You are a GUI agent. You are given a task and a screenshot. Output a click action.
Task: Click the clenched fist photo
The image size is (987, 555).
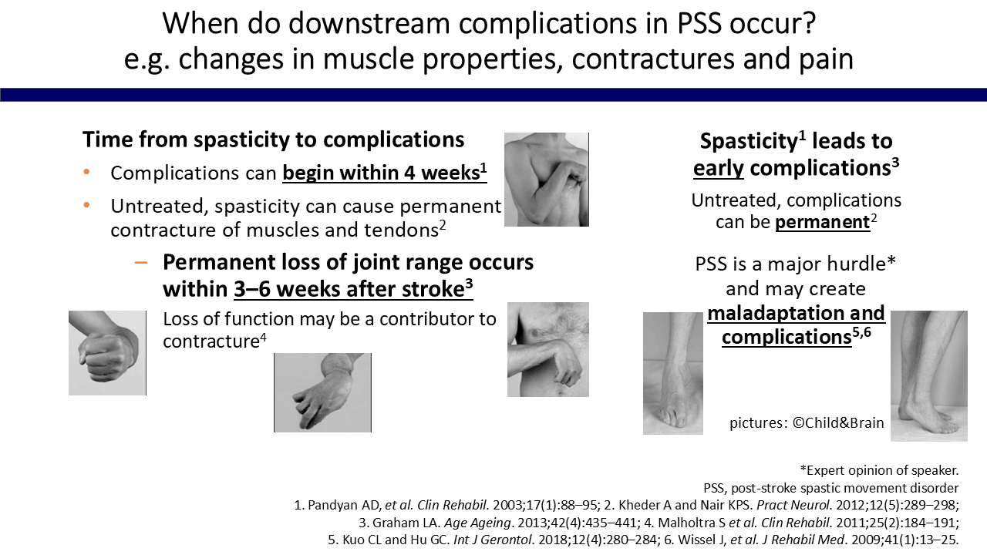point(107,353)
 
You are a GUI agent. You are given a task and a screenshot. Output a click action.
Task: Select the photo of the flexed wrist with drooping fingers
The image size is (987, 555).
point(322,392)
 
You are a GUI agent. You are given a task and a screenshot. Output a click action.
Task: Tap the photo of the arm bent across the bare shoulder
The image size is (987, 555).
point(547,180)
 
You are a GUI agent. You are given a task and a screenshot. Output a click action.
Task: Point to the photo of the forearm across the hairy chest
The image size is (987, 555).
point(548,349)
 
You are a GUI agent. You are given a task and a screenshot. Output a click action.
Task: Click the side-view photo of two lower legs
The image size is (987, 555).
point(929,375)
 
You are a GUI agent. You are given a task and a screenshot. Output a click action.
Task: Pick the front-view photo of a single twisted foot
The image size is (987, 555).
point(673,374)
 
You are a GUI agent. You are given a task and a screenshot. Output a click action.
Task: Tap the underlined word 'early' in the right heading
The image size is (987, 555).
point(718,168)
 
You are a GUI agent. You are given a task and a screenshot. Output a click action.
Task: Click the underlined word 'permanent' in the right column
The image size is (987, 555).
point(823,222)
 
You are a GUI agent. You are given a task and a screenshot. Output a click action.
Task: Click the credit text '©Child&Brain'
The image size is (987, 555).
point(838,423)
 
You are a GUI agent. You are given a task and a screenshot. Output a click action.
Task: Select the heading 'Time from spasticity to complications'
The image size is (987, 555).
point(273,140)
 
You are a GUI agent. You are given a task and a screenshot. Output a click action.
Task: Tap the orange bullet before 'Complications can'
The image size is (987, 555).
point(86,172)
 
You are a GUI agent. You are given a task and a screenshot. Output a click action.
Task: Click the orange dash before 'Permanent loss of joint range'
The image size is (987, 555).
point(141,263)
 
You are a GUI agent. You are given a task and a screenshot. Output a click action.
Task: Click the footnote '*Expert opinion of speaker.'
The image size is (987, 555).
point(880,470)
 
